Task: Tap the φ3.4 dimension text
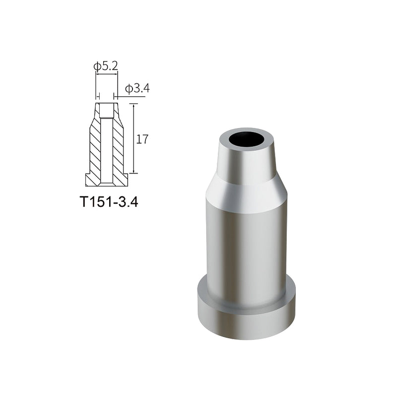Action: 137,89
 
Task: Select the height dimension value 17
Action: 143,139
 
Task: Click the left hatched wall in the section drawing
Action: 95,149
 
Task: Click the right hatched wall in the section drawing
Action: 118,149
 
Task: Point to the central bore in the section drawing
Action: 107,149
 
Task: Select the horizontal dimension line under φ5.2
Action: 107,73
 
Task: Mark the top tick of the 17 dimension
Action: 133,103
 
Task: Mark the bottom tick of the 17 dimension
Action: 133,173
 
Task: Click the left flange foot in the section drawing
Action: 90,179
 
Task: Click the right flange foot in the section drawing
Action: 124,179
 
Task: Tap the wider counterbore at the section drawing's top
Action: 107,111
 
